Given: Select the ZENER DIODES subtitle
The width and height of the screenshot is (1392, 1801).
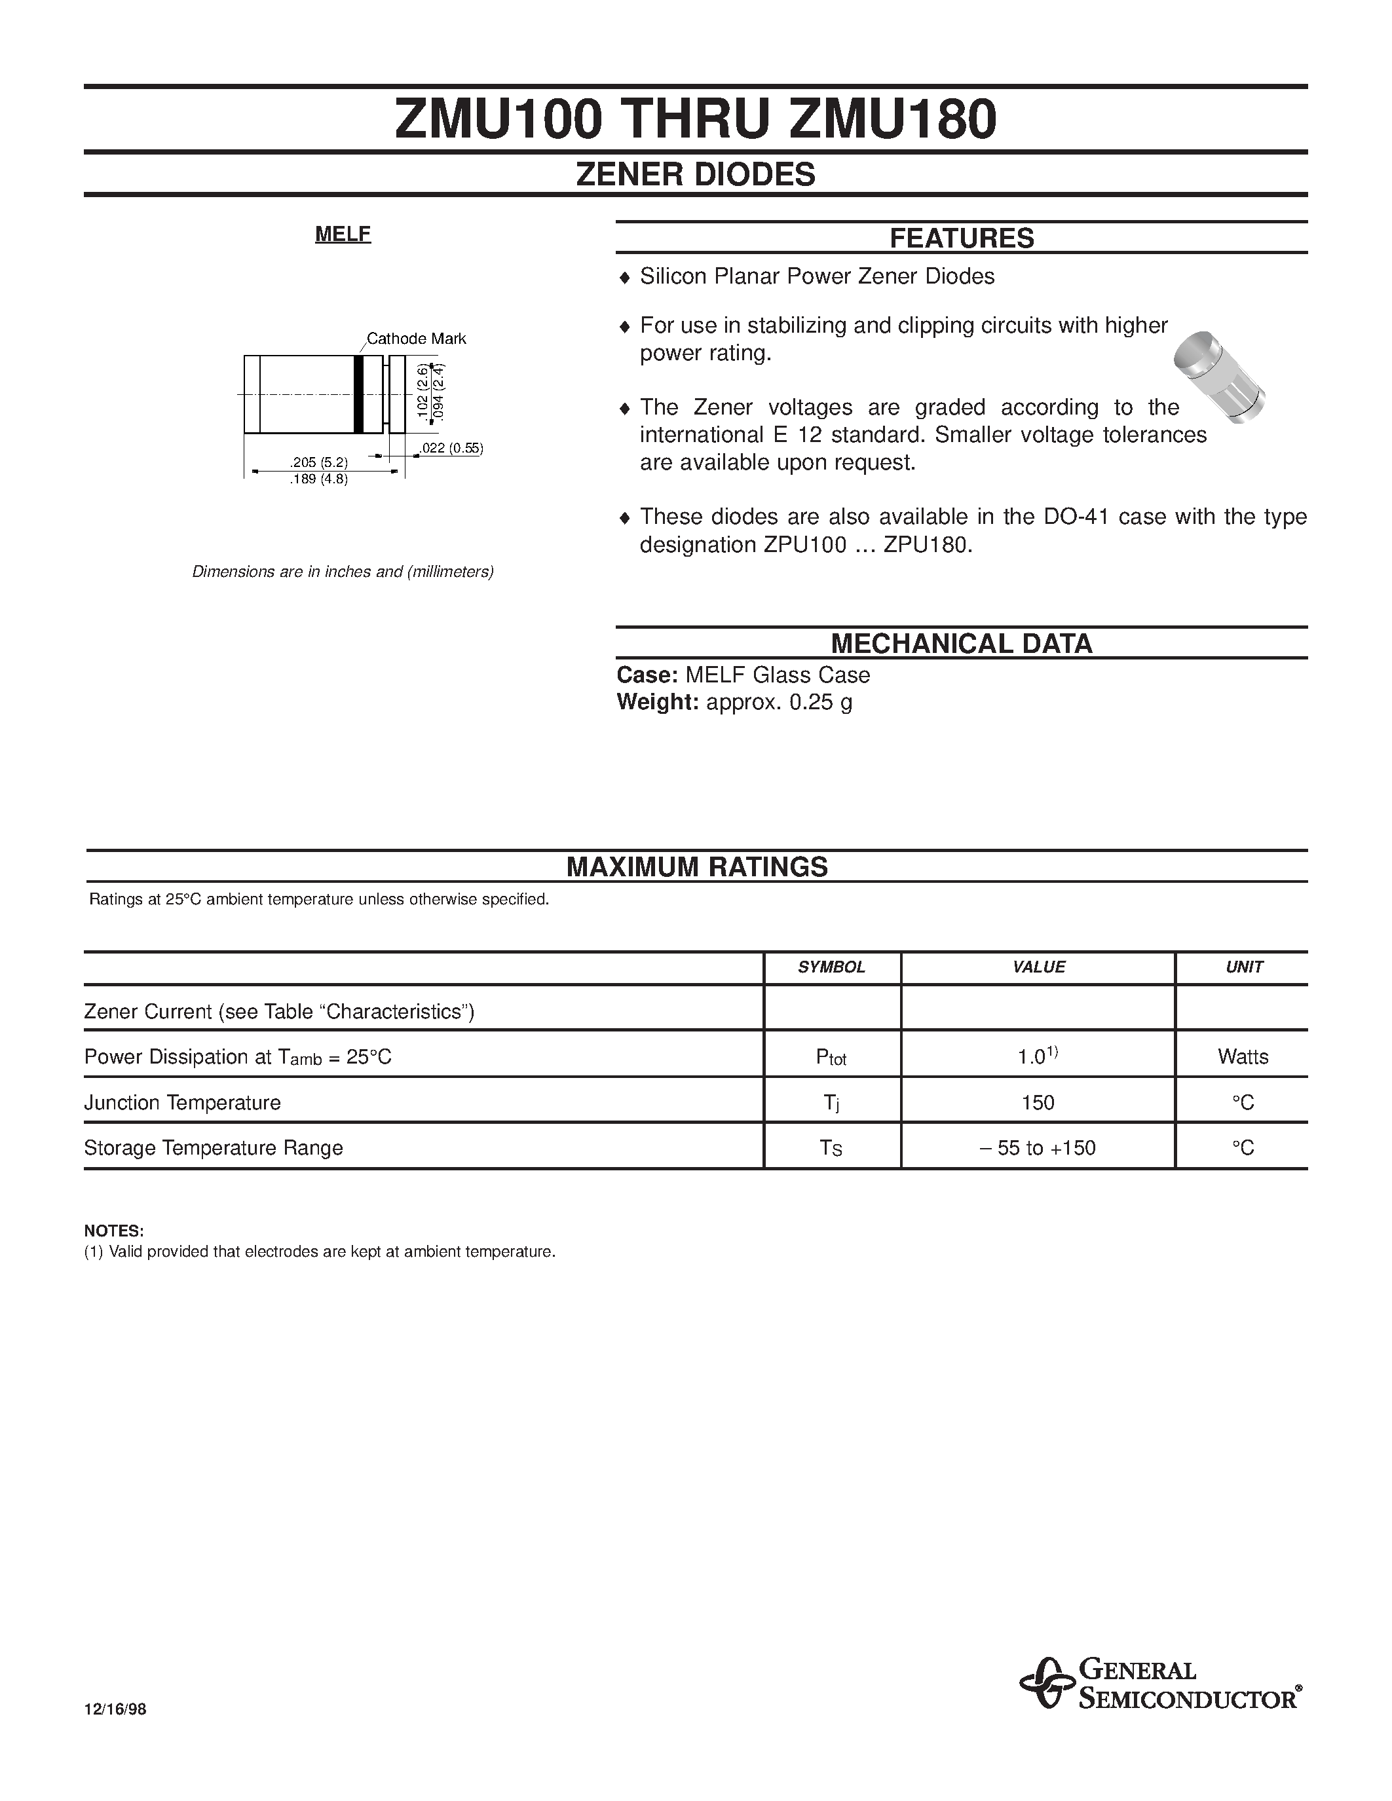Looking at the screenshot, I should point(695,174).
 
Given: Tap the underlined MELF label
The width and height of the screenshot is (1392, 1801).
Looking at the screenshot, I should point(343,234).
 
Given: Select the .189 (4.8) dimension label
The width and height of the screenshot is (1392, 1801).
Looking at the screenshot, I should point(318,479).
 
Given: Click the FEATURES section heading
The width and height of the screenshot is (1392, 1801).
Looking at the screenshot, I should point(961,238).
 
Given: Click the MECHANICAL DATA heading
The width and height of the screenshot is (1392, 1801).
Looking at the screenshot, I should point(961,643).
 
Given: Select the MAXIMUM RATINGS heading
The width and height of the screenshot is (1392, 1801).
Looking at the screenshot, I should point(697,866).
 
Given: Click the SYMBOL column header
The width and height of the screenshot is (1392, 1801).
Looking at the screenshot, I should point(831,967).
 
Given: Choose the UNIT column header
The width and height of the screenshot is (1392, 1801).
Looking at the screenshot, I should point(1243,967).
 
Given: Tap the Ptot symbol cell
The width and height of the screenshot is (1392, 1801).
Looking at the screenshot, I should point(831,1057).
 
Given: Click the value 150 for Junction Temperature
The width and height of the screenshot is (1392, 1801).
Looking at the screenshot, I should point(1038,1102).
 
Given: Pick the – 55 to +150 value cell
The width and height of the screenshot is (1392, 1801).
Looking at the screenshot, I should point(1038,1148).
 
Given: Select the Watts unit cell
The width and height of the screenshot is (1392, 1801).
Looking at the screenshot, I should point(1243,1057).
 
